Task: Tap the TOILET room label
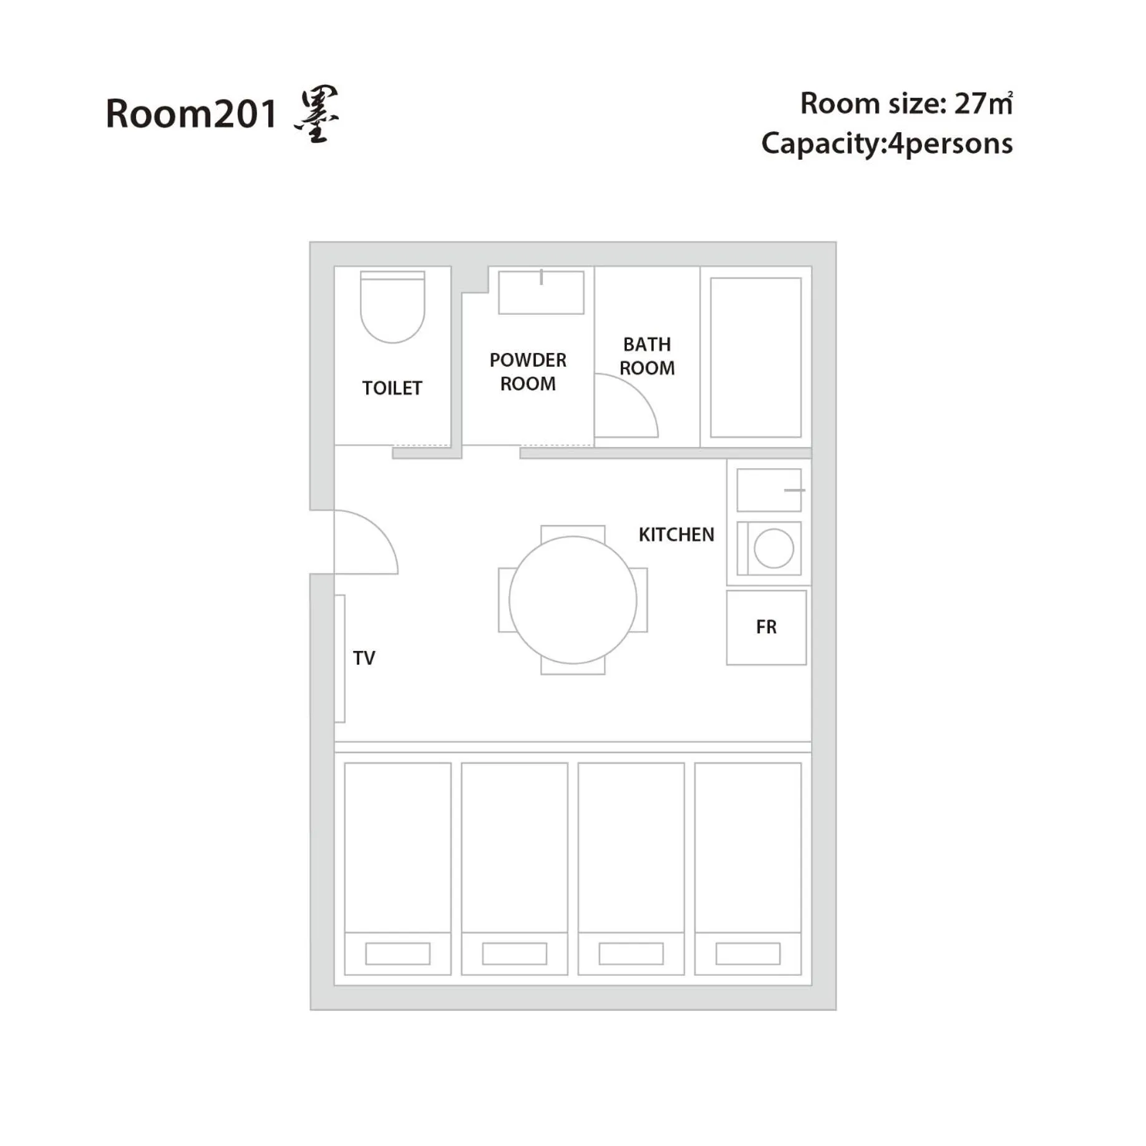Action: click(392, 388)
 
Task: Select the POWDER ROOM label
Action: click(528, 372)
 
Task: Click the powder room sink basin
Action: click(541, 292)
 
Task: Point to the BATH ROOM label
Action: click(647, 356)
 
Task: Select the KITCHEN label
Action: click(676, 534)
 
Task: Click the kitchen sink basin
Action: click(769, 490)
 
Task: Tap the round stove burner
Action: click(774, 549)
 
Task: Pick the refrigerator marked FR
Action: click(766, 627)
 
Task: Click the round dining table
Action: click(573, 600)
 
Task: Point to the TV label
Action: click(364, 658)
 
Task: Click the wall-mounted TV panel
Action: click(340, 658)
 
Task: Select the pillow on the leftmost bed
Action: click(397, 953)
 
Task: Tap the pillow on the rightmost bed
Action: click(748, 953)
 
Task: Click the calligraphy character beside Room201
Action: click(317, 115)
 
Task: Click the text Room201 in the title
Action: click(191, 114)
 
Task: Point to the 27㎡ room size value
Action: click(983, 104)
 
